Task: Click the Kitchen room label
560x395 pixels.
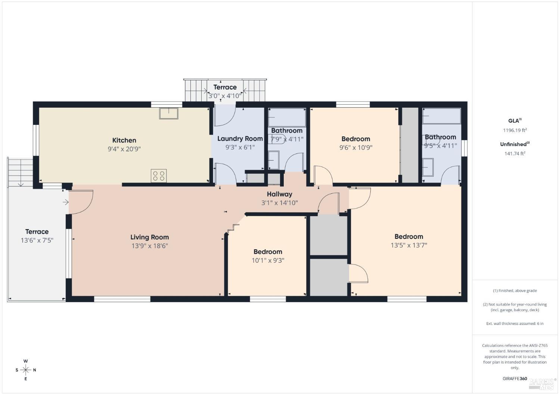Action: point(124,140)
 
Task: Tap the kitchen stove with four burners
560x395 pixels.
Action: point(159,176)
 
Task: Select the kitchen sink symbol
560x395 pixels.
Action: point(169,113)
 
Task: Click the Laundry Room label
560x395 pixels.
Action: point(240,139)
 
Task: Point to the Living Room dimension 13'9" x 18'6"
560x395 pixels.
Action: point(149,246)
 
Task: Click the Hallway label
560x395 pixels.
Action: point(279,194)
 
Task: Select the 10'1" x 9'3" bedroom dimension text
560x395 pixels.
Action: point(268,260)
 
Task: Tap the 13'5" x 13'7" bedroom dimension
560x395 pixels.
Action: point(408,245)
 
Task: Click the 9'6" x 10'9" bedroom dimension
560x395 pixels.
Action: point(355,148)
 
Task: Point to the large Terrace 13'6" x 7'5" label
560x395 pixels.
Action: point(37,236)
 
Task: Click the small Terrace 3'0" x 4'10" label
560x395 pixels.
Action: point(225,91)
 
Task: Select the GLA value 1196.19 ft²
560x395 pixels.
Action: point(514,130)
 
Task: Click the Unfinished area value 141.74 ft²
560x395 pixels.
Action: point(514,154)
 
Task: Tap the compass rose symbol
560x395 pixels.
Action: point(26,370)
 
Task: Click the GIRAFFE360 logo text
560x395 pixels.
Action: point(514,379)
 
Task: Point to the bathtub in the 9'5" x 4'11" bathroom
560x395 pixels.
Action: point(442,116)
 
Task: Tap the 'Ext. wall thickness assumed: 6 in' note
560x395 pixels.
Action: point(514,323)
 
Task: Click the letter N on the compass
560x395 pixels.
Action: point(35,370)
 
